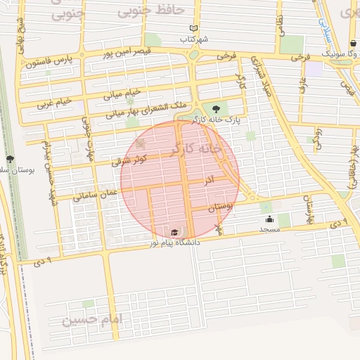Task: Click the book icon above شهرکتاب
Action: coord(193,29)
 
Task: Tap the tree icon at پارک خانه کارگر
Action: coord(215,109)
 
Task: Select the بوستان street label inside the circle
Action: coord(220,207)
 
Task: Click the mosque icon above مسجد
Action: coord(269,219)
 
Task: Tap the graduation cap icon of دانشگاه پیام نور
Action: coord(174,232)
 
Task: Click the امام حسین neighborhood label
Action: coord(92,320)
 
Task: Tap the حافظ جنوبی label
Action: coord(150,11)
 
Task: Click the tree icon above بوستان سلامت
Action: coord(10,159)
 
